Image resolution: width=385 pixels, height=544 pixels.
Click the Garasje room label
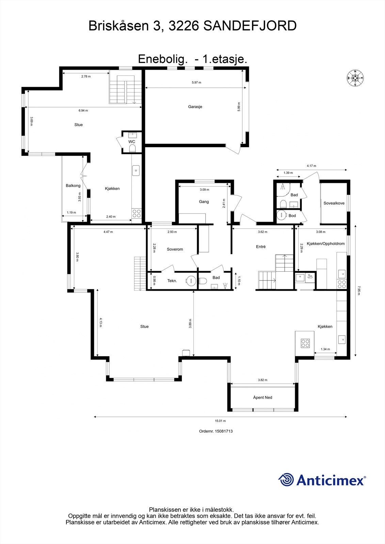click(x=195, y=107)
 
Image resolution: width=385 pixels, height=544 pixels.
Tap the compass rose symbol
click(x=355, y=78)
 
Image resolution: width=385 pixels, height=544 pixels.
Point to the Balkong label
click(x=73, y=186)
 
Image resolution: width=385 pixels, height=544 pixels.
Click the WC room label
click(x=132, y=141)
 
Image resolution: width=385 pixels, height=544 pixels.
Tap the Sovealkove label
click(x=334, y=203)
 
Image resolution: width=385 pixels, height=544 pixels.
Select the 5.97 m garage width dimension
click(x=196, y=82)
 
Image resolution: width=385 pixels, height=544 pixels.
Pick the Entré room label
click(x=261, y=247)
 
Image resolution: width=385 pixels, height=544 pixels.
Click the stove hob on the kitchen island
click(x=305, y=343)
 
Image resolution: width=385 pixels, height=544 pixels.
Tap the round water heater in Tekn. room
click(x=191, y=280)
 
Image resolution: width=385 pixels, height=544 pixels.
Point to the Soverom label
click(x=175, y=249)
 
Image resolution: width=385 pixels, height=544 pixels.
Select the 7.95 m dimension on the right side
click(x=359, y=290)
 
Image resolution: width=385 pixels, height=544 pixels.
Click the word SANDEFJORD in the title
click(x=250, y=26)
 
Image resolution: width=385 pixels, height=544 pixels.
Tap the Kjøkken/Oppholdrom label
click(x=326, y=243)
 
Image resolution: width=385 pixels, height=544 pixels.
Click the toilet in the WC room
click(x=132, y=148)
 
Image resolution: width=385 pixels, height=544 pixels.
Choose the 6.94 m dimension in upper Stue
click(x=83, y=111)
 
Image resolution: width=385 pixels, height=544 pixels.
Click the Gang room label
click(x=204, y=202)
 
